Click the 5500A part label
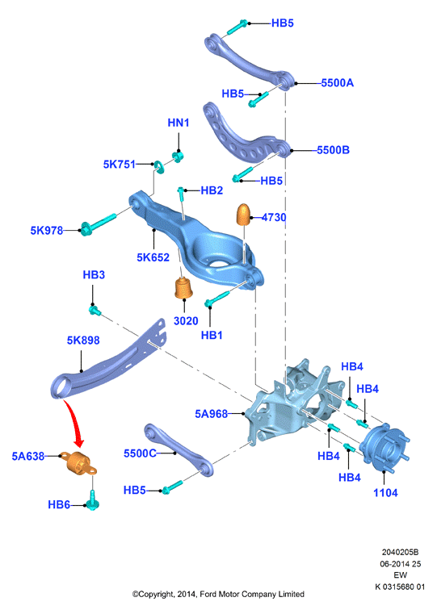point(338,83)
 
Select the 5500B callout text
point(333,150)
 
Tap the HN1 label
point(179,123)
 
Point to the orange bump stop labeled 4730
point(243,214)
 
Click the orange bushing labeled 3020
point(183,288)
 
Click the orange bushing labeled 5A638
point(81,463)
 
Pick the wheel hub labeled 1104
point(384,446)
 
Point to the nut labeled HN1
point(178,157)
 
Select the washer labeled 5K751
point(159,166)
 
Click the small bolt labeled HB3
point(95,310)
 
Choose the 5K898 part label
point(83,341)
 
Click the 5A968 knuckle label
point(211,414)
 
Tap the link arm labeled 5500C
point(179,450)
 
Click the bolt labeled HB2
point(181,196)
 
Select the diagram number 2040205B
point(400,552)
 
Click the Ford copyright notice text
point(218,594)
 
